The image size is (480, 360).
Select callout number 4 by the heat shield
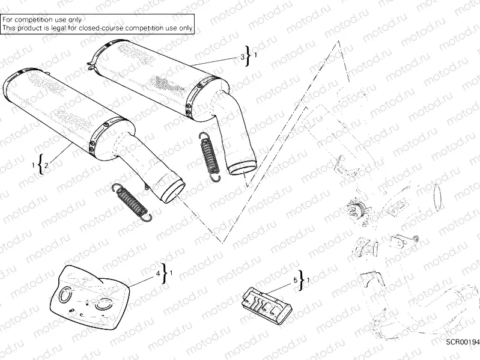tap(159, 273)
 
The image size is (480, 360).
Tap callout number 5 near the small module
tap(295, 280)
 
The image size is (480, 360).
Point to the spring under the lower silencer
tap(132, 200)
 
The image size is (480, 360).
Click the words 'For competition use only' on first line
tap(41, 20)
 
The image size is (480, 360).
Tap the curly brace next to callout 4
tap(166, 273)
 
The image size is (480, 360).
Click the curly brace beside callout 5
tap(302, 280)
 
